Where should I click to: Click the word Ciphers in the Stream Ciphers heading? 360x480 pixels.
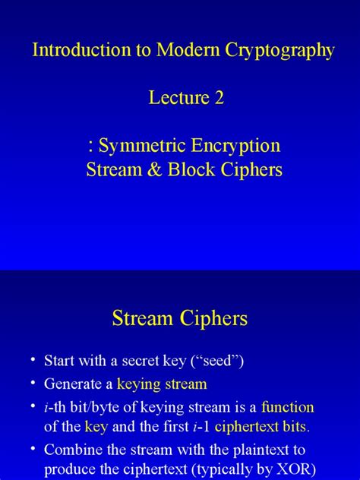pos(212,318)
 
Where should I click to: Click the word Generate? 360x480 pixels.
pos(74,384)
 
